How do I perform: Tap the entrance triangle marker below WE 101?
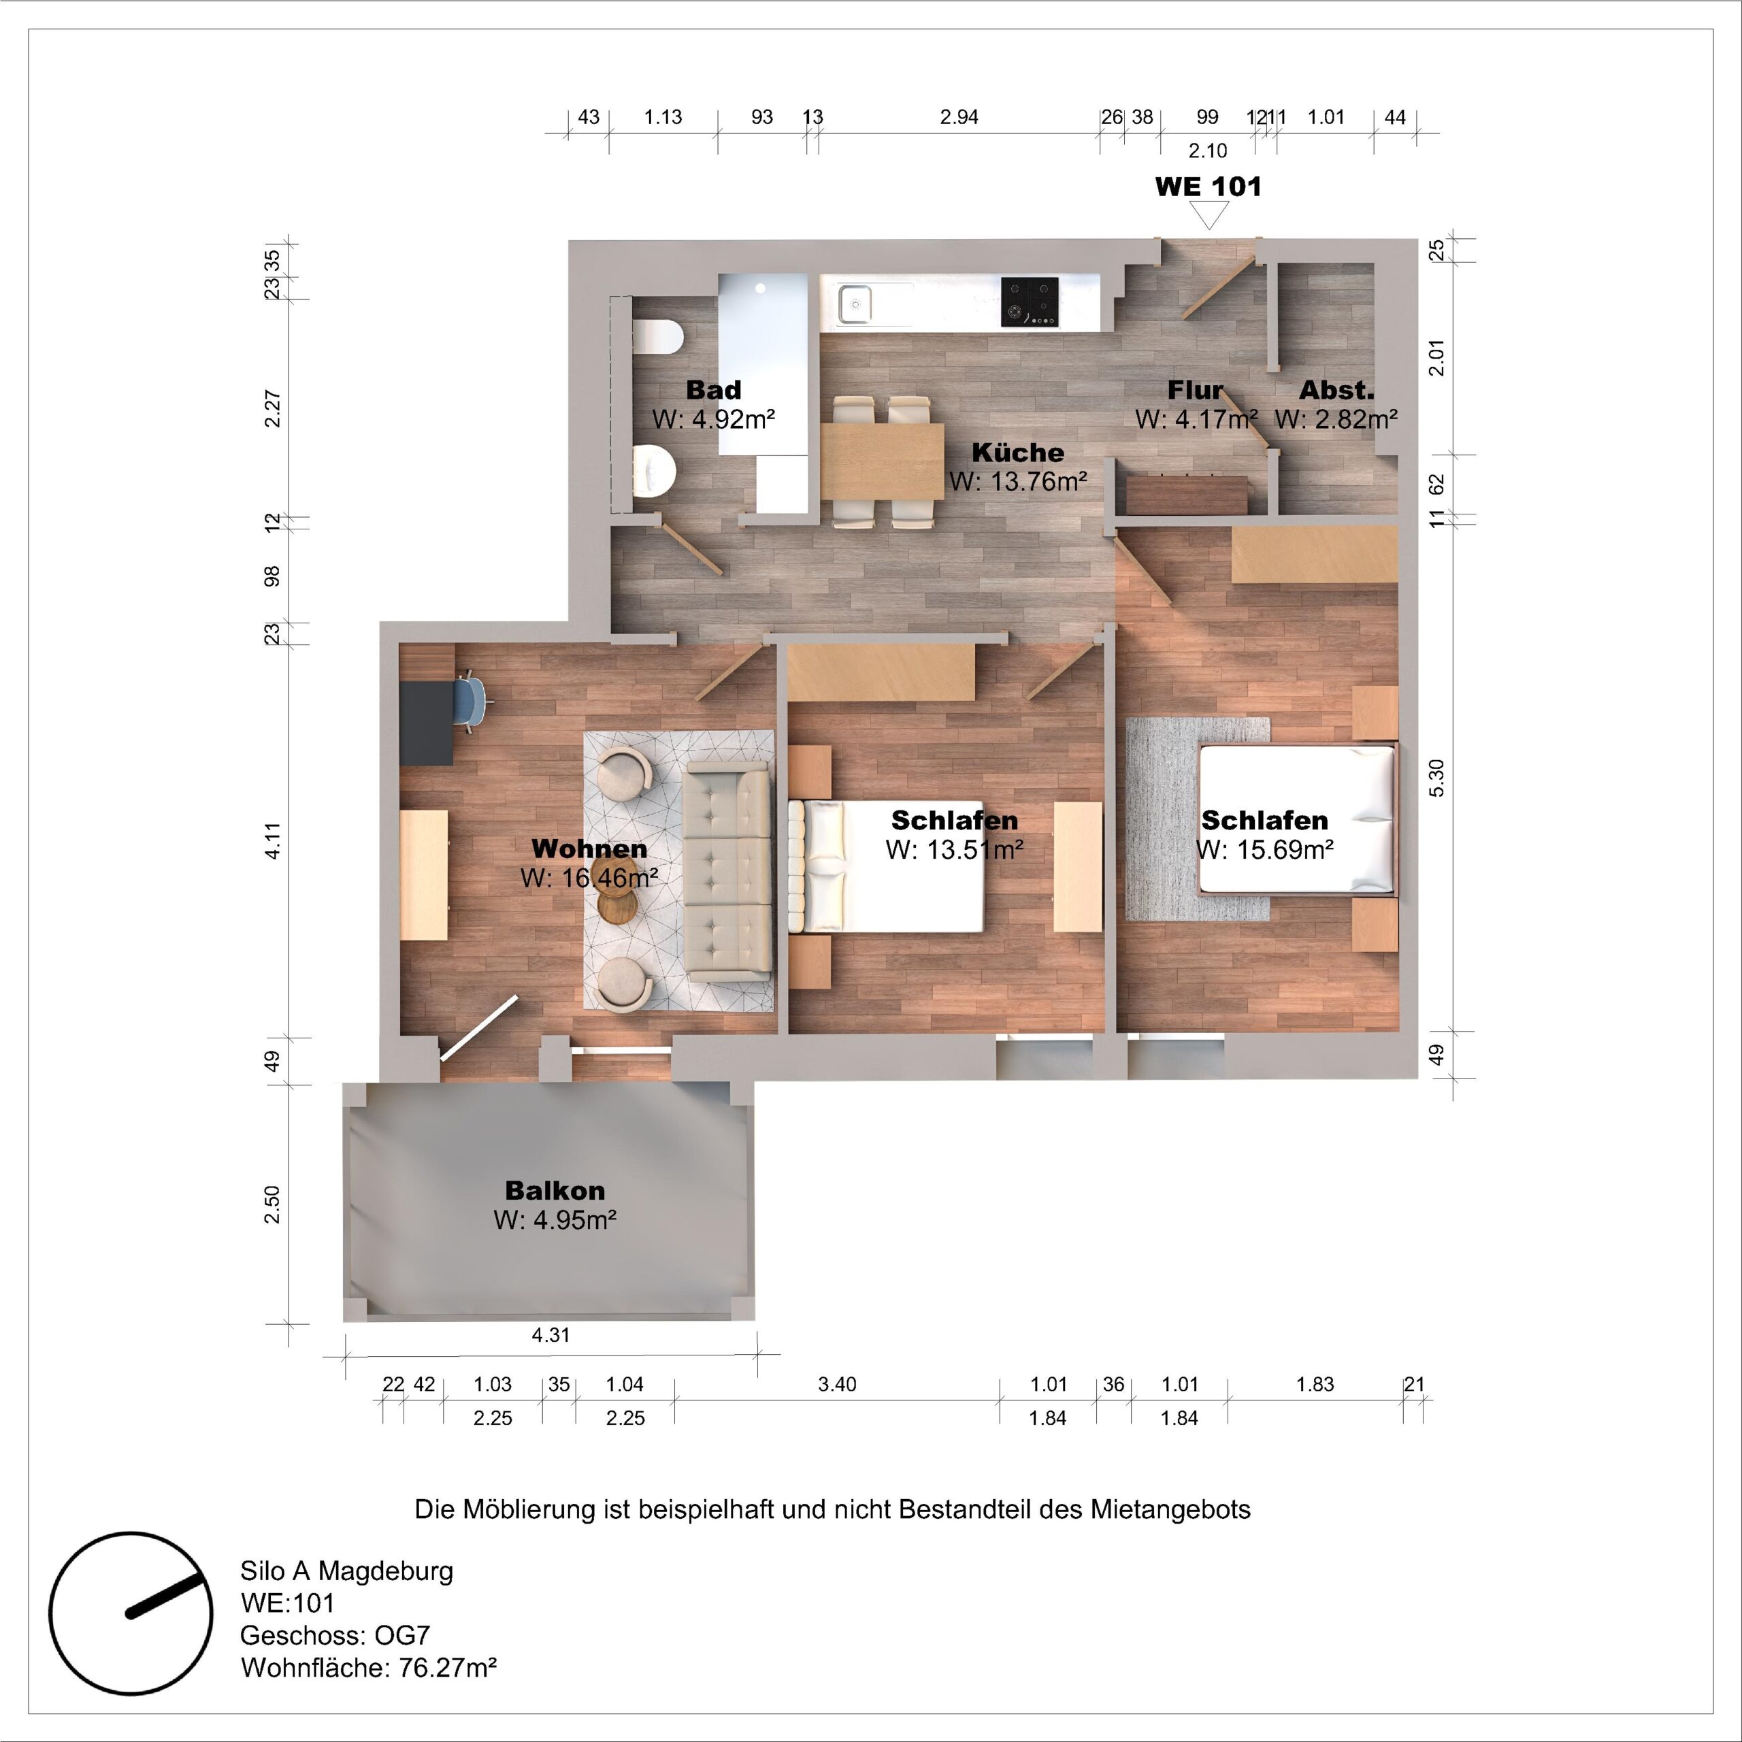pyautogui.click(x=1209, y=214)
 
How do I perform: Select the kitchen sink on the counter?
pyautogui.click(x=854, y=302)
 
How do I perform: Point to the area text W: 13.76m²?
pyautogui.click(x=1017, y=482)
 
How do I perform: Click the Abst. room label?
pyautogui.click(x=1336, y=391)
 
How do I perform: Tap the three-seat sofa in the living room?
pyautogui.click(x=727, y=870)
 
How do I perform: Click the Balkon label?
pyautogui.click(x=555, y=1190)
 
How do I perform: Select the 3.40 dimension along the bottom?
pyautogui.click(x=837, y=1384)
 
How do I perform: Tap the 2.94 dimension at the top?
pyautogui.click(x=959, y=117)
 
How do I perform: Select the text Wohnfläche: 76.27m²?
pyautogui.click(x=369, y=1667)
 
